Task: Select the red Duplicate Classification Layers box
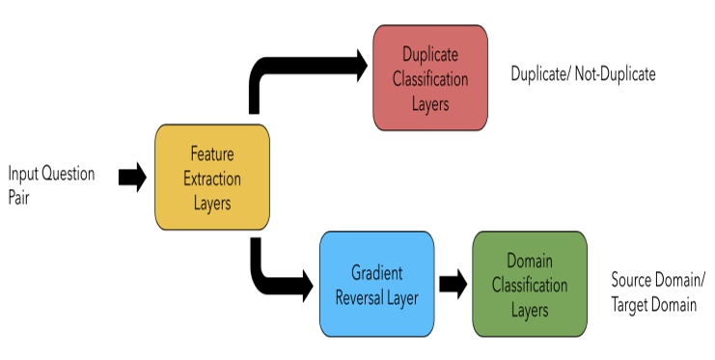tap(430, 77)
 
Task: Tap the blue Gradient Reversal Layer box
tap(376, 284)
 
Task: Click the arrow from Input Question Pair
tap(132, 177)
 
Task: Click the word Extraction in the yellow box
tap(212, 180)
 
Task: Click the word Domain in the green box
tap(529, 261)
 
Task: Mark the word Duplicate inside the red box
tap(430, 55)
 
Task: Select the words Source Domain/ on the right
tap(658, 280)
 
